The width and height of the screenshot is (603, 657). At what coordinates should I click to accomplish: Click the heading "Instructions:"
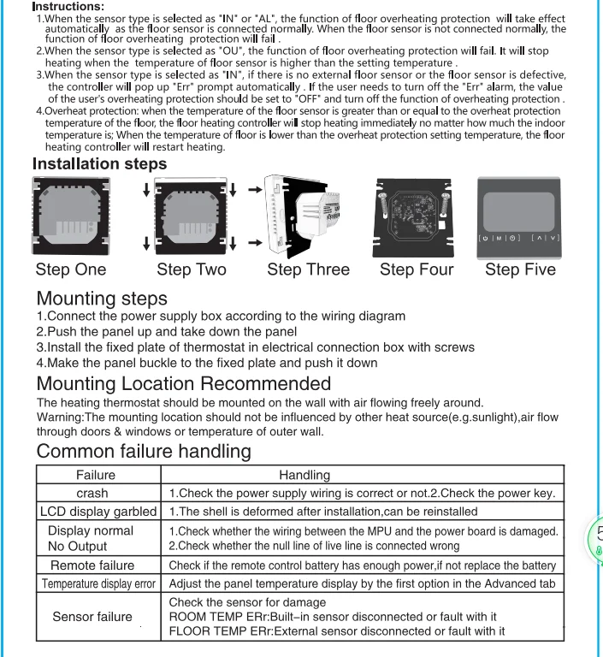pyautogui.click(x=68, y=7)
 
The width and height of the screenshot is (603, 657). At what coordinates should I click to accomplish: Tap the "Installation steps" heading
pyautogui.click(x=99, y=163)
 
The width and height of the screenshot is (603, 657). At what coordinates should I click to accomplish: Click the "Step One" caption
pyautogui.click(x=71, y=269)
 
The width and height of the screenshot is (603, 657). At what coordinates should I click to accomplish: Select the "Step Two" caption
pyautogui.click(x=192, y=269)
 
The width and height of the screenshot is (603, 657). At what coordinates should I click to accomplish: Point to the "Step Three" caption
pyautogui.click(x=308, y=269)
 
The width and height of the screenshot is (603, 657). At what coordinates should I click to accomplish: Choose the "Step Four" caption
pyautogui.click(x=417, y=269)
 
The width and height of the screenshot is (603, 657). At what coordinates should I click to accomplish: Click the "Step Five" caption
pyautogui.click(x=520, y=269)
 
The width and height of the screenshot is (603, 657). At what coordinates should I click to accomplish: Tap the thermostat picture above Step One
pyautogui.click(x=71, y=216)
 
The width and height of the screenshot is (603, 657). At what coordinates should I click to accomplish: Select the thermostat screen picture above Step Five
pyautogui.click(x=519, y=217)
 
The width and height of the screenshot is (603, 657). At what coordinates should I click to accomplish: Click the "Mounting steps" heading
pyautogui.click(x=102, y=299)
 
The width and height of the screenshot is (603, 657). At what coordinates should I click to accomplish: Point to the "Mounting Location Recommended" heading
pyautogui.click(x=183, y=383)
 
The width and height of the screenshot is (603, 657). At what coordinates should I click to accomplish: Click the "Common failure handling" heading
pyautogui.click(x=144, y=451)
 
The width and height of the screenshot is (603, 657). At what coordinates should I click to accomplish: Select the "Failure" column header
pyautogui.click(x=96, y=475)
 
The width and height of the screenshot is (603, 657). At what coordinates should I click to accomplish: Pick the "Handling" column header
pyautogui.click(x=304, y=475)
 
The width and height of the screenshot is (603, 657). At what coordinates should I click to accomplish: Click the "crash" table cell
pyautogui.click(x=92, y=493)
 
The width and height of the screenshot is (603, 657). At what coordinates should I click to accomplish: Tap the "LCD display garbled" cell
pyautogui.click(x=98, y=512)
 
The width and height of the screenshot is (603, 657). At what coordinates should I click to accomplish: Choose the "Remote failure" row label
pyautogui.click(x=92, y=565)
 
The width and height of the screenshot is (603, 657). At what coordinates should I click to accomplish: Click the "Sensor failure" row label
pyautogui.click(x=92, y=617)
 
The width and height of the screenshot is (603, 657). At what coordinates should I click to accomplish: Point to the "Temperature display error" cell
pyautogui.click(x=98, y=584)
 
